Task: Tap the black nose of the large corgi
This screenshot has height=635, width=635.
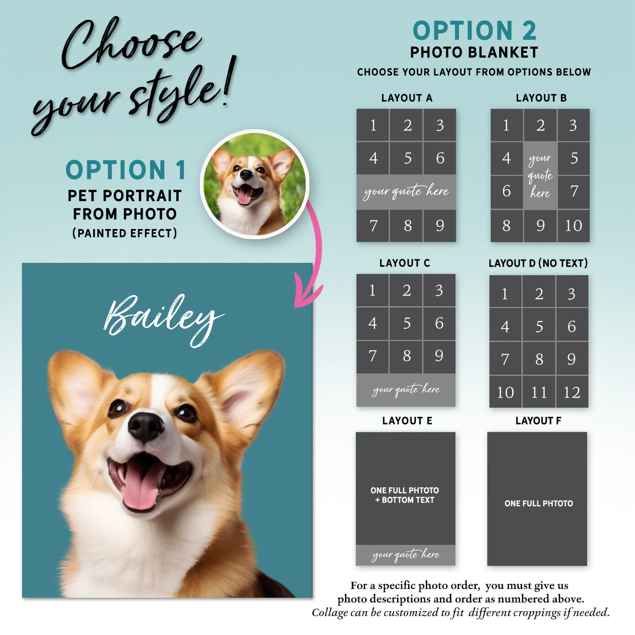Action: pos(145,427)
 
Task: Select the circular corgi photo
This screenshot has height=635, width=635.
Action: pos(254,184)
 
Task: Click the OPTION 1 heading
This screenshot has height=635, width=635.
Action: pos(126,170)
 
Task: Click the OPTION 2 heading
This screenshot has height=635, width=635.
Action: pos(475,31)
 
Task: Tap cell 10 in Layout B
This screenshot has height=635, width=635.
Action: pos(573,226)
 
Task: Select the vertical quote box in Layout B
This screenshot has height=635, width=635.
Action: pos(540,176)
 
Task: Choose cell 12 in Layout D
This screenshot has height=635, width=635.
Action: pos(572,392)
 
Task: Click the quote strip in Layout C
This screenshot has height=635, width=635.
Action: pos(406,390)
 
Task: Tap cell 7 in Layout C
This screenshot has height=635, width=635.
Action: pos(372,356)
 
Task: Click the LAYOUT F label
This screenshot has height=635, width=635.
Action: pos(538,421)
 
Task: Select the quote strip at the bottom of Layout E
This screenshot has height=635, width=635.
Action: pos(406,555)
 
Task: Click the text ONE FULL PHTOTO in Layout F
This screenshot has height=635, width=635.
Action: pos(538,503)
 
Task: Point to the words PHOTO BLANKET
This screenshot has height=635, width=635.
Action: pos(474,53)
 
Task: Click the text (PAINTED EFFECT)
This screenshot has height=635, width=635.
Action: pos(125,233)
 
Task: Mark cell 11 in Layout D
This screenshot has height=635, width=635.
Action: pos(539,392)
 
